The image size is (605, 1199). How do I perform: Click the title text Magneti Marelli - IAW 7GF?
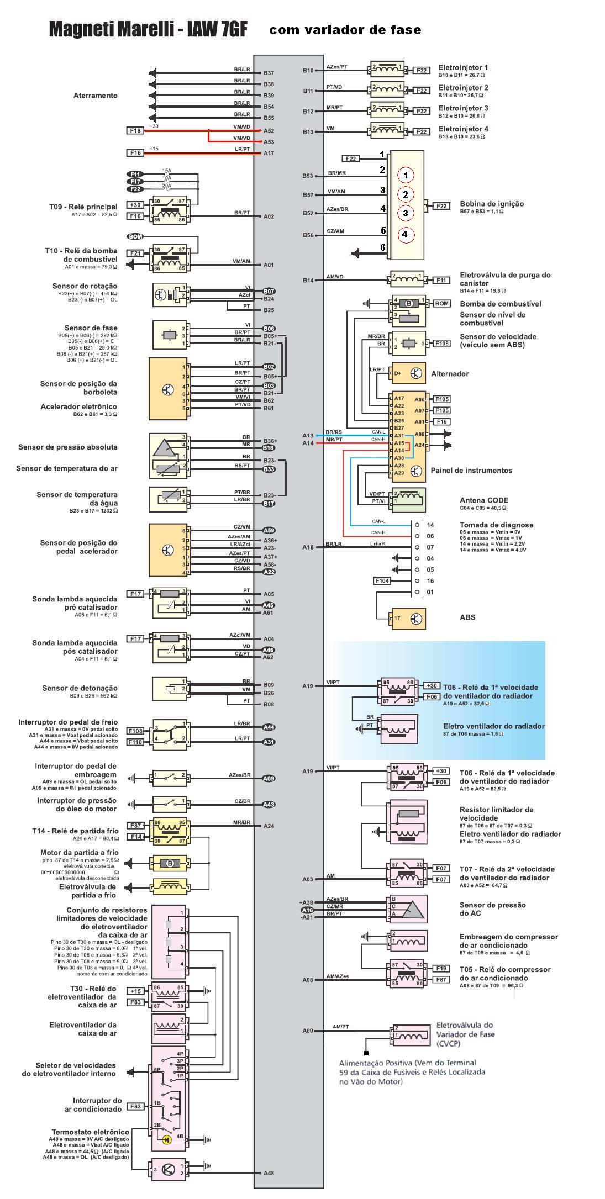pos(148,29)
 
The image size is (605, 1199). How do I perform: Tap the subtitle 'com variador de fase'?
pos(345,30)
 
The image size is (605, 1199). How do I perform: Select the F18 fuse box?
pos(135,130)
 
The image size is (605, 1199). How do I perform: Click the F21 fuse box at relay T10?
pos(135,253)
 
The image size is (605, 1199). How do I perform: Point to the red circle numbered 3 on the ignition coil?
pos(405,213)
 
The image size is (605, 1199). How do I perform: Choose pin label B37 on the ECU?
pos(269,73)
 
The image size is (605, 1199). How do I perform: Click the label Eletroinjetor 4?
pos(463,129)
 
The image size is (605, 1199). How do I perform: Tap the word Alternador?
pos(450,373)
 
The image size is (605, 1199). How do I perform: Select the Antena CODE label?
pos(484,500)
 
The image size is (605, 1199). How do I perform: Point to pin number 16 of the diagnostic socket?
pos(430,580)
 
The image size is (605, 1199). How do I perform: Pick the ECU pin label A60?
pos(308,1031)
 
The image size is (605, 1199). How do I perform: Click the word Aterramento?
pos(96,96)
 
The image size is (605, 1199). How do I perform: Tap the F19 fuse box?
pos(441,968)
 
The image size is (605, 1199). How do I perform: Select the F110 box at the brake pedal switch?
pos(135,742)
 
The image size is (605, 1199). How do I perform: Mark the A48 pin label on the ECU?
pos(269,1173)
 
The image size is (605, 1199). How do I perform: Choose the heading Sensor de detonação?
pos(80,688)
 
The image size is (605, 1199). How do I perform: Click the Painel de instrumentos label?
pos(471,471)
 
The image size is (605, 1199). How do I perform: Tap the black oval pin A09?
pos(269,778)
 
